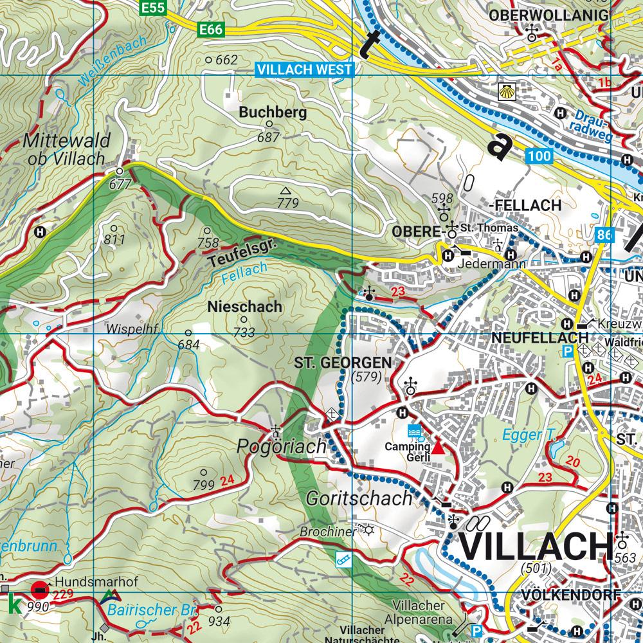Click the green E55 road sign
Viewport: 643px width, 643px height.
pyautogui.click(x=154, y=8)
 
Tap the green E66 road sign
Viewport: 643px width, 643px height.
pyautogui.click(x=211, y=30)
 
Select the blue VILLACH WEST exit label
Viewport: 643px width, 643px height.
pyautogui.click(x=305, y=69)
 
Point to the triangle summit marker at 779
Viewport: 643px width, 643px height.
pyautogui.click(x=285, y=190)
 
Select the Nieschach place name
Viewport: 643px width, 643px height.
pyautogui.click(x=245, y=307)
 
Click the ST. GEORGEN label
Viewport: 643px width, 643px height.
pyautogui.click(x=343, y=363)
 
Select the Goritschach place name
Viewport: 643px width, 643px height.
pyautogui.click(x=359, y=498)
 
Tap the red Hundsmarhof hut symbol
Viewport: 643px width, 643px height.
pyautogui.click(x=40, y=587)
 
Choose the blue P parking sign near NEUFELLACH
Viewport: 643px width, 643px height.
pyautogui.click(x=568, y=351)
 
